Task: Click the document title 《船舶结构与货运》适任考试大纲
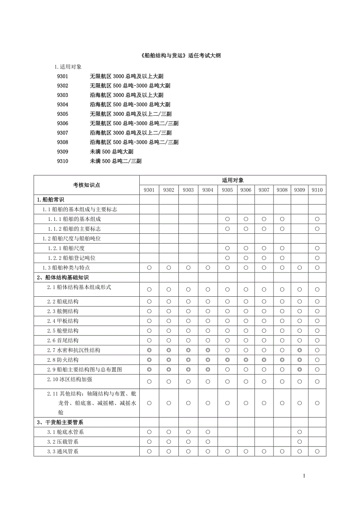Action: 180,56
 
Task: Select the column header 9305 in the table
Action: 227,190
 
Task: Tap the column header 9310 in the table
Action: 317,190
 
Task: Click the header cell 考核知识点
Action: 86,185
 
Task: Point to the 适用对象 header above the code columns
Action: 233,180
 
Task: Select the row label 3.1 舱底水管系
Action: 65,432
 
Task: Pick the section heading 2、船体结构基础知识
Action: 63,278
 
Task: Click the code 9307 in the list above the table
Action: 63,133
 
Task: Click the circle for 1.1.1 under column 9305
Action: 227,219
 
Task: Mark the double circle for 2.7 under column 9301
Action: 149,350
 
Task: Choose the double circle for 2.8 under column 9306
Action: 246,360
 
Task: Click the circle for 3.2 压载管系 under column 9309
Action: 299,442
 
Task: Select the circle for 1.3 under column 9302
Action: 169,268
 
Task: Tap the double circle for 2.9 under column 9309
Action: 299,369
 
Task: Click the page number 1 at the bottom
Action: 304,476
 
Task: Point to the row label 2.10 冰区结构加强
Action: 70,379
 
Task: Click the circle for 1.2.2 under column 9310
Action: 317,258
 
